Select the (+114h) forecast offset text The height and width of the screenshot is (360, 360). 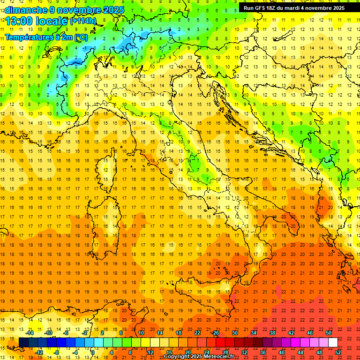(83, 21)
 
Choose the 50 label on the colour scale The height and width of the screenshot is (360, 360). (329, 333)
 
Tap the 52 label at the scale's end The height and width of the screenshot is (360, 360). (338, 352)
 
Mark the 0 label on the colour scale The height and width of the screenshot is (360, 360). (93, 352)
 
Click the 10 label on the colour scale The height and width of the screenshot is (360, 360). (141, 333)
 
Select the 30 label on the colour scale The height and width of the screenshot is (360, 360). (235, 333)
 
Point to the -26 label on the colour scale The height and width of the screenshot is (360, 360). (215, 333)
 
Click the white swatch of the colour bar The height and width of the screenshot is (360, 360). (333, 343)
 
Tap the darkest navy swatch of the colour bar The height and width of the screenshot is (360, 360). (23, 343)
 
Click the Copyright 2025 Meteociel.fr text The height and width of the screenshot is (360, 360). (199, 357)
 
